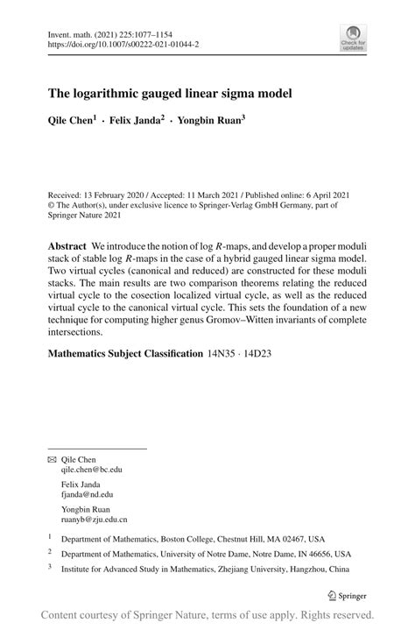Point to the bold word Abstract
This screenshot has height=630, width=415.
(x=67, y=248)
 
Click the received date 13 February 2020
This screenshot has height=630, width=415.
(x=114, y=195)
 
